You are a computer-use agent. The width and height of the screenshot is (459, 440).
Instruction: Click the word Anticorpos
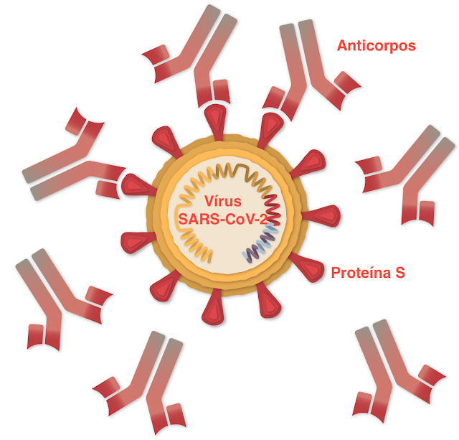[x=377, y=46]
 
